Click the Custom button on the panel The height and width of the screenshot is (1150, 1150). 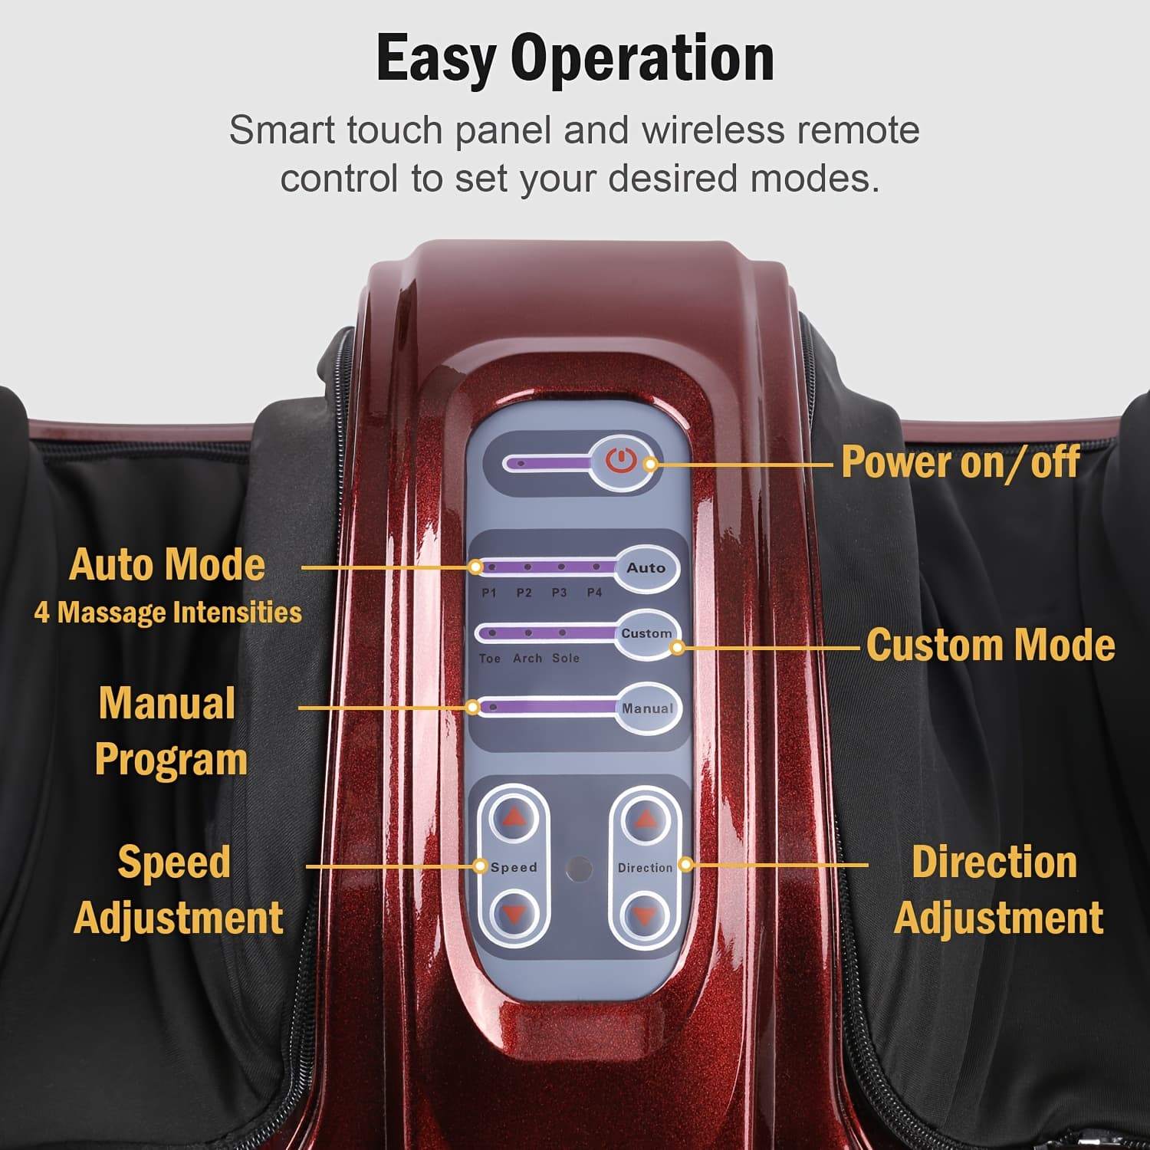[x=646, y=634]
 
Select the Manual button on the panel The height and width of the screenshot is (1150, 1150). [x=647, y=708]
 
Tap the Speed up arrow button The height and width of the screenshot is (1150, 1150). [x=514, y=819]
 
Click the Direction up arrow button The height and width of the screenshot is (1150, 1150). [x=646, y=819]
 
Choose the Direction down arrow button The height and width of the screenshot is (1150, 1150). [x=646, y=915]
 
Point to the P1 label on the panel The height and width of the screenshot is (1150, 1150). [x=489, y=593]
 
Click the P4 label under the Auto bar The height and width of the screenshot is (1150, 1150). [x=594, y=593]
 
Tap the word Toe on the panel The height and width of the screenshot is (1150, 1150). [x=490, y=659]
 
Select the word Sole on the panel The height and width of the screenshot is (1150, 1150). [x=566, y=658]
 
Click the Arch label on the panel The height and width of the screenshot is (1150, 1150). [x=527, y=658]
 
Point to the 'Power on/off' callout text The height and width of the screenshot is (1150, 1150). [x=961, y=462]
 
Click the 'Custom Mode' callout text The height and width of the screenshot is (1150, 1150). [x=991, y=645]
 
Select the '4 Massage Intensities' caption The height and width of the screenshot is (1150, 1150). [x=168, y=613]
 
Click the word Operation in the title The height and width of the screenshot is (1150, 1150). [x=642, y=59]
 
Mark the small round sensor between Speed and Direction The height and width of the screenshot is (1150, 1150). [x=579, y=869]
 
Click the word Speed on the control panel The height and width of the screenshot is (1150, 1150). [x=514, y=868]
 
